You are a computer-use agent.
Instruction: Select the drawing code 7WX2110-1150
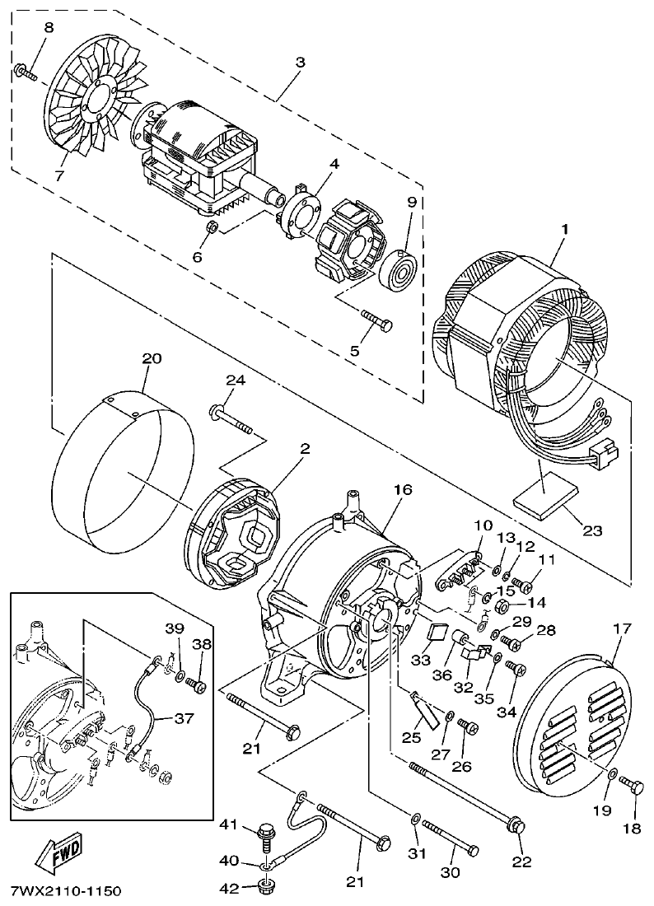(66, 892)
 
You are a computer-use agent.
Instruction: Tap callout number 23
(591, 531)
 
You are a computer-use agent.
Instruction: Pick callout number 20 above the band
(152, 359)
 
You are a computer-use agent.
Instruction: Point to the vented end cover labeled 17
(568, 717)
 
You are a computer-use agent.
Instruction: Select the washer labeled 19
(614, 773)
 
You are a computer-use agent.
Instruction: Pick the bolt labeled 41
(267, 834)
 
